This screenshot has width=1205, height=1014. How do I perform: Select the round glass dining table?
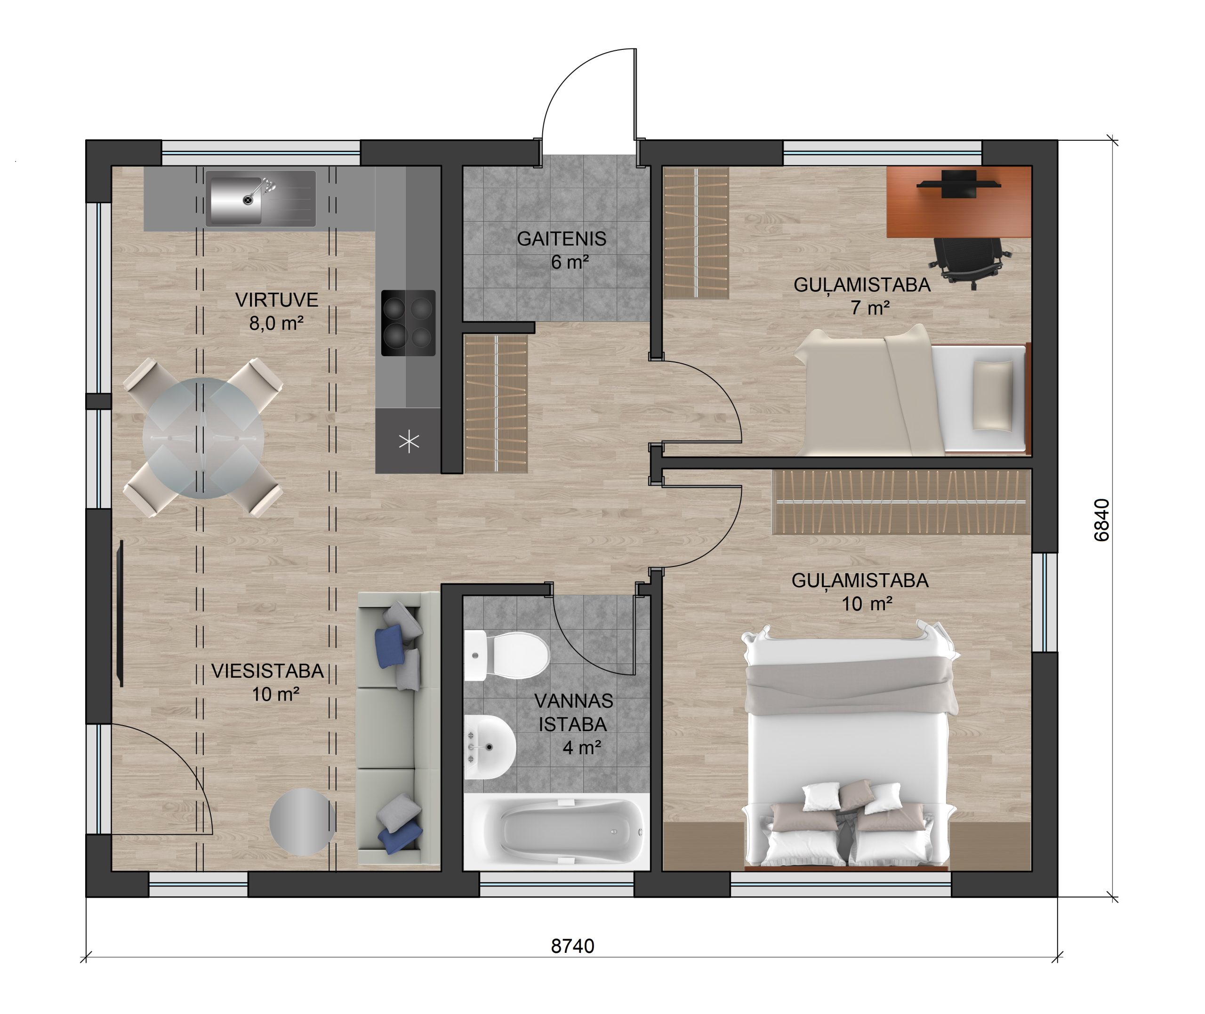click(203, 438)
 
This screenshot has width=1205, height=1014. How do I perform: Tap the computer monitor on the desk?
click(958, 184)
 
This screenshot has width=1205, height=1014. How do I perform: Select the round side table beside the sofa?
click(302, 822)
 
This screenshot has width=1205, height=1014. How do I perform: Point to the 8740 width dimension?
click(572, 946)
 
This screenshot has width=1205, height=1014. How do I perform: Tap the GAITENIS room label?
click(561, 239)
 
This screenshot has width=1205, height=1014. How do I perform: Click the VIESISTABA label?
click(267, 671)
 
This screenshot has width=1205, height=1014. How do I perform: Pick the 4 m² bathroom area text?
click(582, 747)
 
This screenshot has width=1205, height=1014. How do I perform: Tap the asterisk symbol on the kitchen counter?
click(409, 441)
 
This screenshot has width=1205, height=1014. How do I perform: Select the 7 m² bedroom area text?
click(870, 308)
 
